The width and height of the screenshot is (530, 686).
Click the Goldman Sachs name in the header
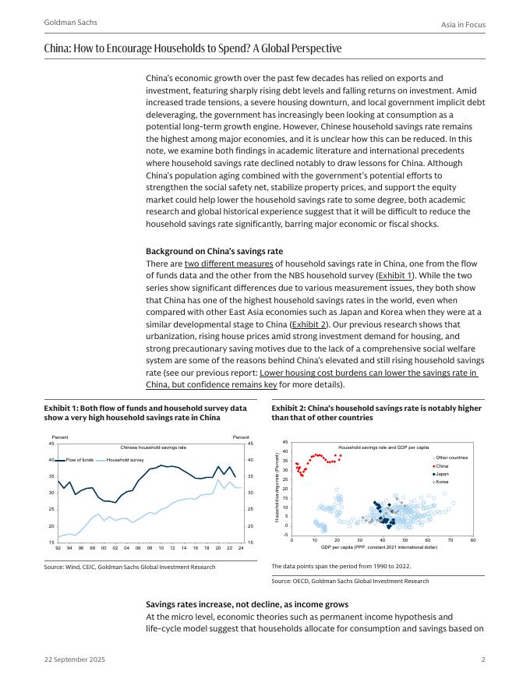tap(71, 23)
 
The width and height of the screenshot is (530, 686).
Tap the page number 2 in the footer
tap(482, 659)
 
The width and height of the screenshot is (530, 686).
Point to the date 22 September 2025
tap(75, 659)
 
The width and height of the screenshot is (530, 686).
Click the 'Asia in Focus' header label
tap(463, 25)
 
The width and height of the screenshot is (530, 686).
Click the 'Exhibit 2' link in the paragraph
tap(309, 324)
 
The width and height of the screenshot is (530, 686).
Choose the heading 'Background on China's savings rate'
tap(214, 251)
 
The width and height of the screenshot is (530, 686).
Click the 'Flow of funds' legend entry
tap(79, 460)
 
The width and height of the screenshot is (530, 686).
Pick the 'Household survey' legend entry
tap(125, 460)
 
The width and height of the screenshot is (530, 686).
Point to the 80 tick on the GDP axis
tap(473, 539)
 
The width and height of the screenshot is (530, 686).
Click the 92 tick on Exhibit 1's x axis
tap(58, 547)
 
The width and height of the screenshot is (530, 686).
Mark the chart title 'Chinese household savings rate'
tap(154, 447)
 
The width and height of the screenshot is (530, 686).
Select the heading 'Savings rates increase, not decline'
tap(247, 604)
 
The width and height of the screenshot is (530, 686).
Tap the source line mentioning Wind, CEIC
tap(129, 567)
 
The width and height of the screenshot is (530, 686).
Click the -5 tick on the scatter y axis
tap(286, 535)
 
